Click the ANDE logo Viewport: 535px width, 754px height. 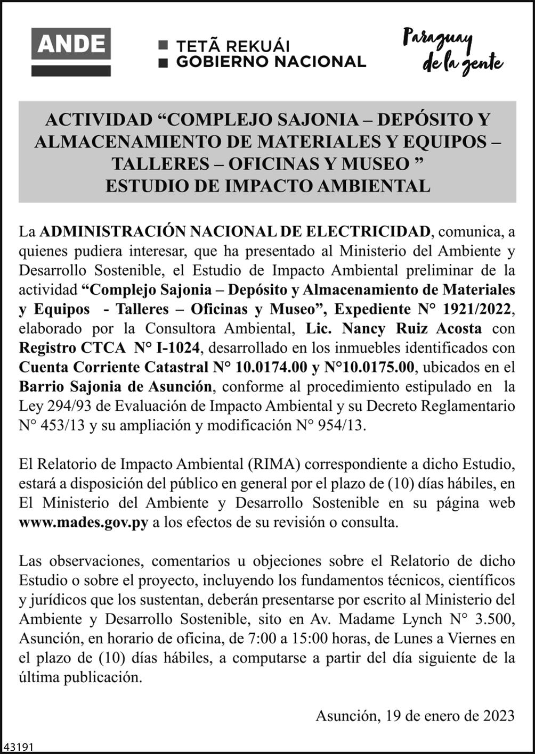(x=71, y=52)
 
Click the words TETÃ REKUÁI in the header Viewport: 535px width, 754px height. (x=233, y=46)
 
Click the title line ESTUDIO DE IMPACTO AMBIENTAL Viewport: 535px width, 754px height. (x=267, y=186)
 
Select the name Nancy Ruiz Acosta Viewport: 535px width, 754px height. (x=411, y=328)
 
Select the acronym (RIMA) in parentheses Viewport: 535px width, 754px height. (x=273, y=464)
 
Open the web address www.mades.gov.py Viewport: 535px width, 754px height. (x=84, y=522)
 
